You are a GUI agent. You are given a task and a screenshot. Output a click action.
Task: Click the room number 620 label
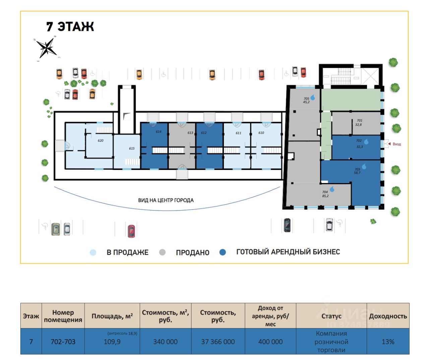(x=101, y=141)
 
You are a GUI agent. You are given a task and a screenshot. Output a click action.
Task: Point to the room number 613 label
(x=190, y=133)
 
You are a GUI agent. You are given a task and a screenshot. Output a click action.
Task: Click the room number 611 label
(x=238, y=133)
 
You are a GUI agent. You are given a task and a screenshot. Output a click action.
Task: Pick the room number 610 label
(x=261, y=133)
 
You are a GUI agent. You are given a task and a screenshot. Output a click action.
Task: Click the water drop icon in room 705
(x=313, y=98)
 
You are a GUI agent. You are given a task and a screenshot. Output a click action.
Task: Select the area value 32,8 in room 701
(x=358, y=125)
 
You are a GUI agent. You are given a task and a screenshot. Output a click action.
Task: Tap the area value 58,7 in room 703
(x=357, y=173)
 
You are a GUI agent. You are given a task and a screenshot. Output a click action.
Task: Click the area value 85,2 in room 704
(x=325, y=196)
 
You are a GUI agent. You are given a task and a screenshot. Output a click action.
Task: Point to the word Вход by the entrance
(x=396, y=144)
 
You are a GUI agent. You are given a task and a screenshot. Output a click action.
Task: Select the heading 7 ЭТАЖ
(x=70, y=26)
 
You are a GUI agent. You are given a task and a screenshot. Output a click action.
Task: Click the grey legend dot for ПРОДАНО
(x=162, y=252)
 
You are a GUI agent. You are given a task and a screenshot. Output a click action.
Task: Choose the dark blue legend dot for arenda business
(x=223, y=252)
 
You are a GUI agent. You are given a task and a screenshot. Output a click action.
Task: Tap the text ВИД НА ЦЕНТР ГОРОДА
(x=166, y=200)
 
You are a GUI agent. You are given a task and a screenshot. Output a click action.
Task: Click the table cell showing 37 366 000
(x=218, y=342)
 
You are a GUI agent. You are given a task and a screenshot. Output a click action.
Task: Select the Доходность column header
(x=388, y=316)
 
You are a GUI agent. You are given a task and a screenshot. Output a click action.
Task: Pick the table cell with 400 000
(x=270, y=342)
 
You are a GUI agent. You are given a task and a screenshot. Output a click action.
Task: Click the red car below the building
(x=131, y=231)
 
